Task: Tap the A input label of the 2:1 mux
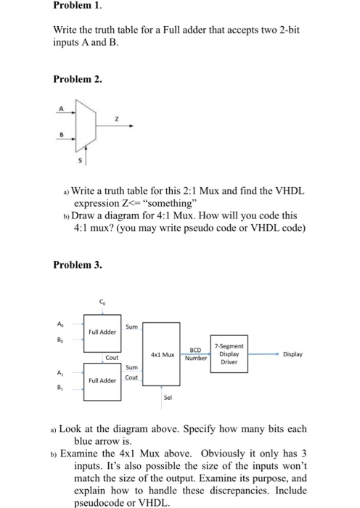click(x=60, y=107)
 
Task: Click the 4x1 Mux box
click(x=160, y=354)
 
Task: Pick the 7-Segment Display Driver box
click(x=228, y=353)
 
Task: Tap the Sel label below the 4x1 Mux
click(x=168, y=397)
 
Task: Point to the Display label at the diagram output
click(x=294, y=354)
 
